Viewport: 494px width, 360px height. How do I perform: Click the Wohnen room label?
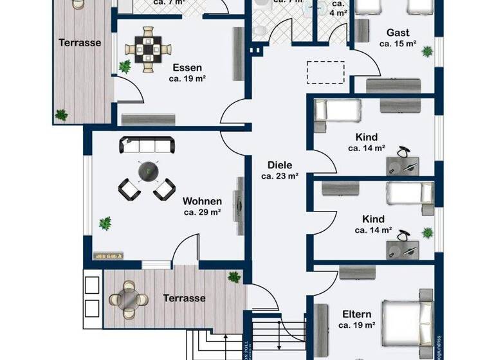202,201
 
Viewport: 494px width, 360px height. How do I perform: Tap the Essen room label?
187,67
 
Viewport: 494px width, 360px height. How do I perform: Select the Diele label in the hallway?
280,164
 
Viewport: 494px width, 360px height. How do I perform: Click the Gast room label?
398,33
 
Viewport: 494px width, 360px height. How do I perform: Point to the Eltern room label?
356,314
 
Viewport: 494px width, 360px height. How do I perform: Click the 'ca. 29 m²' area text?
202,212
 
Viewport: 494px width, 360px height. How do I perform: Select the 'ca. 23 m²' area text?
280,175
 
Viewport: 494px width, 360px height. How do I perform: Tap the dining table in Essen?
149,46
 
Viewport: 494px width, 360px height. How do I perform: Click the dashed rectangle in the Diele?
326,72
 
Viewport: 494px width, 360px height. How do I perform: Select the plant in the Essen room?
125,66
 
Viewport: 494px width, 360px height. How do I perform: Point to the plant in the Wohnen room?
104,223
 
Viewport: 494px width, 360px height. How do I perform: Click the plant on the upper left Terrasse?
61,114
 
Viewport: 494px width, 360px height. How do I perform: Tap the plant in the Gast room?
426,50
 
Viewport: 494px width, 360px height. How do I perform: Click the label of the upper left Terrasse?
80,43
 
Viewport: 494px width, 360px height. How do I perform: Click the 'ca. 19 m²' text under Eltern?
356,325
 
